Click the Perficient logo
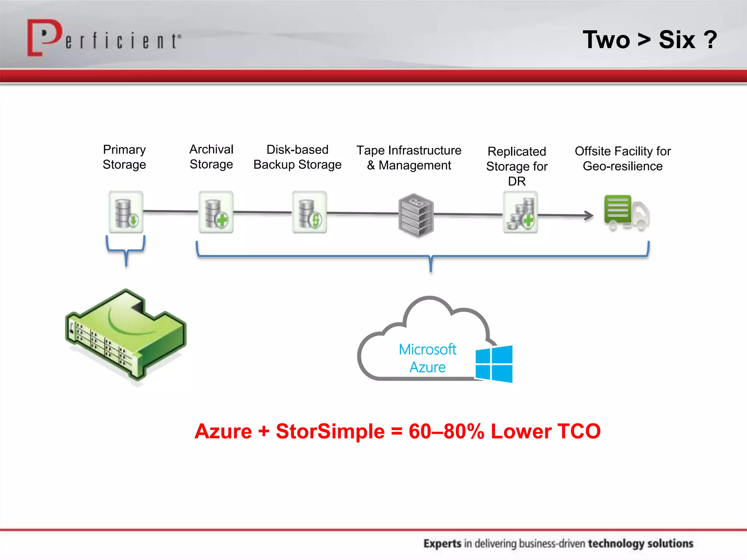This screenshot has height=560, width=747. [104, 38]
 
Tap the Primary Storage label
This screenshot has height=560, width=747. [124, 157]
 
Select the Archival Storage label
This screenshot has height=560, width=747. [211, 157]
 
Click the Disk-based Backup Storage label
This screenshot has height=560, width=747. [297, 157]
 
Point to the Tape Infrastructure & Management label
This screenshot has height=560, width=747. [409, 157]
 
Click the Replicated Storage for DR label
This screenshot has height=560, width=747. [517, 166]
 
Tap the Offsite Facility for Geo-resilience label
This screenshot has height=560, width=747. [623, 159]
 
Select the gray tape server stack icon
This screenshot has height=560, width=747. [416, 215]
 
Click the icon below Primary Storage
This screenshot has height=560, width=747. [126, 212]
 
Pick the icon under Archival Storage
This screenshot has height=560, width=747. [216, 212]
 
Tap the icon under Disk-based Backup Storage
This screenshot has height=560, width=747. [309, 212]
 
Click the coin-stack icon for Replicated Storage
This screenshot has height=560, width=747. [520, 213]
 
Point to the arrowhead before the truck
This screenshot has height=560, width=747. [589, 215]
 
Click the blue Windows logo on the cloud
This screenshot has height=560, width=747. [494, 364]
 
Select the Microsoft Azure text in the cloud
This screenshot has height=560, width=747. [427, 358]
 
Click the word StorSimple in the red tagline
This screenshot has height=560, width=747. [330, 431]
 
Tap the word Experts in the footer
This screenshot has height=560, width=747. [442, 544]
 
